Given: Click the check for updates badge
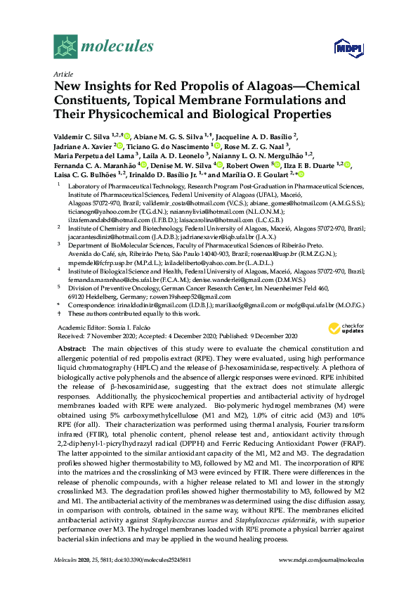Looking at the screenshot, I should [342, 328].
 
